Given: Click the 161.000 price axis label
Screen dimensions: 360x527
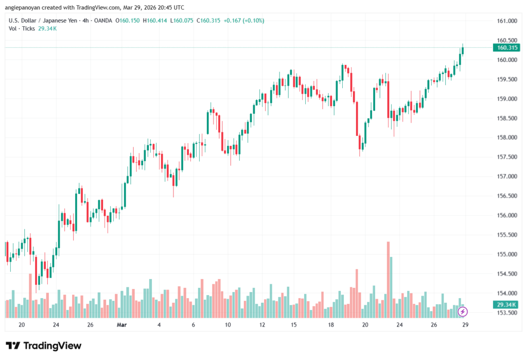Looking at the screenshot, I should click(x=507, y=21).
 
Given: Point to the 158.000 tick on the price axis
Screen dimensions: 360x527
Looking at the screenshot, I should click(x=507, y=138).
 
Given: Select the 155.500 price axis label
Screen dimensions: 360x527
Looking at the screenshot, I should click(x=507, y=235).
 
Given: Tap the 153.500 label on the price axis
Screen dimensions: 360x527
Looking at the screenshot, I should click(x=507, y=313).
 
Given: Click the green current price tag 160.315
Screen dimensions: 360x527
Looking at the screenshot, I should click(x=506, y=48).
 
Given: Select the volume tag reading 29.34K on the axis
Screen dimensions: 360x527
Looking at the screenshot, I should click(x=506, y=305).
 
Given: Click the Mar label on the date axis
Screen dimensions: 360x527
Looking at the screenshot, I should click(x=121, y=325).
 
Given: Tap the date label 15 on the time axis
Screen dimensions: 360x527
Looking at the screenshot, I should click(x=294, y=325).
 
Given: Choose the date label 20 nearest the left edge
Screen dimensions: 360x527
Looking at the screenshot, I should click(x=22, y=325).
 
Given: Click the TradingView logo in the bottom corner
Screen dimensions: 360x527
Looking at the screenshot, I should click(x=44, y=346).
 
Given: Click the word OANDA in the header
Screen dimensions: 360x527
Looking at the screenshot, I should click(x=101, y=21).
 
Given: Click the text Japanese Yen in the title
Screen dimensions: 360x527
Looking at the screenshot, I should click(x=63, y=21).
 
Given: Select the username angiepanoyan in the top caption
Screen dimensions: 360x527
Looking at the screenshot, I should click(x=24, y=7).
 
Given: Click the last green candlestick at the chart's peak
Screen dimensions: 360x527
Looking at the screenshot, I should click(x=463, y=50).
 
